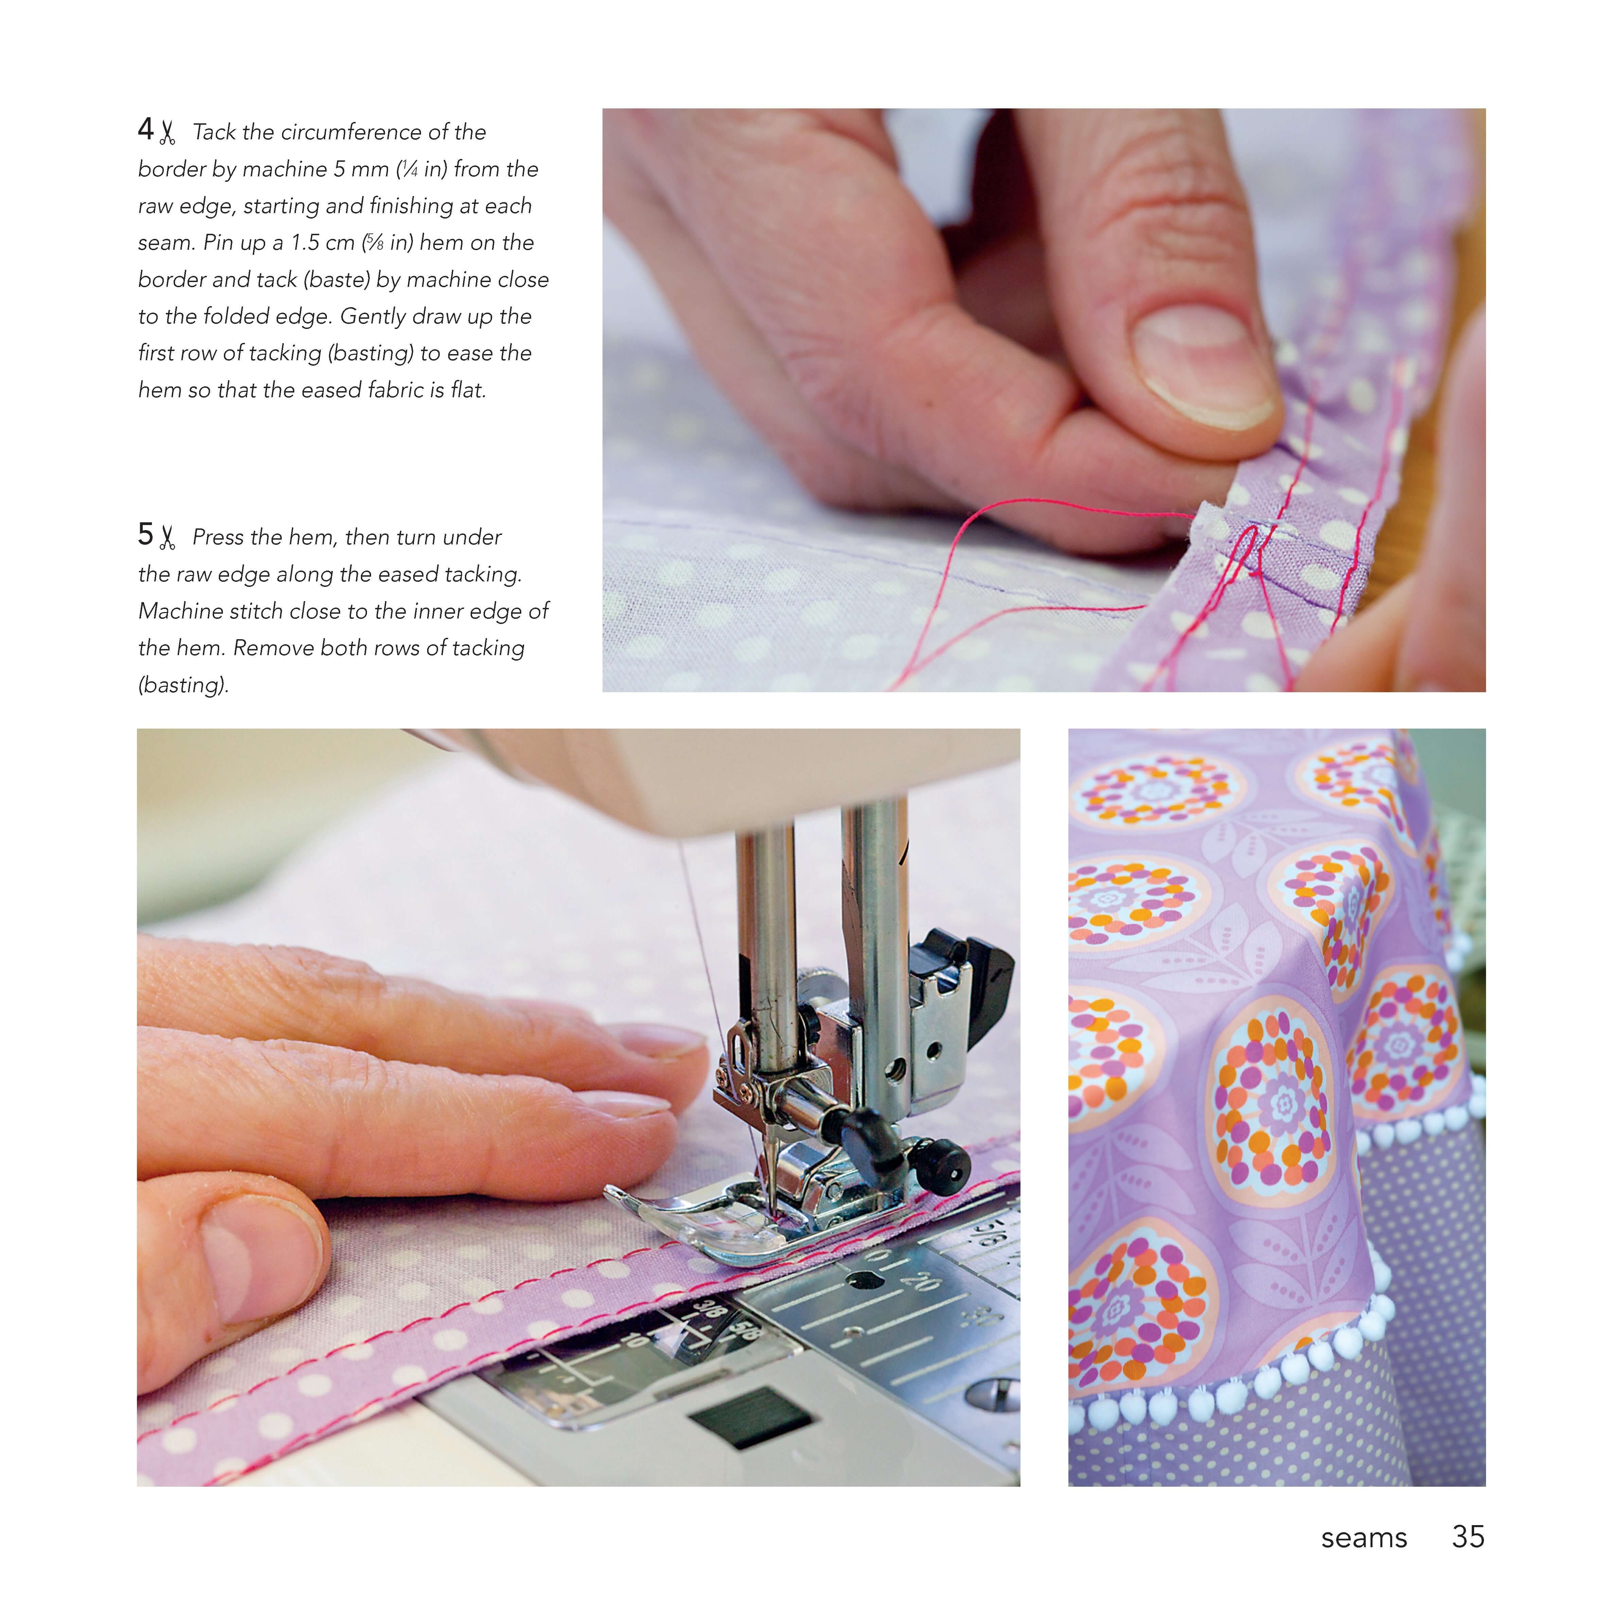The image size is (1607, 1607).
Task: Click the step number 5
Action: pos(145,535)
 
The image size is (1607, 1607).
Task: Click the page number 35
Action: pos(1468,1537)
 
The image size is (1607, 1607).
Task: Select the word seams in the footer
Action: pos(1364,1539)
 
